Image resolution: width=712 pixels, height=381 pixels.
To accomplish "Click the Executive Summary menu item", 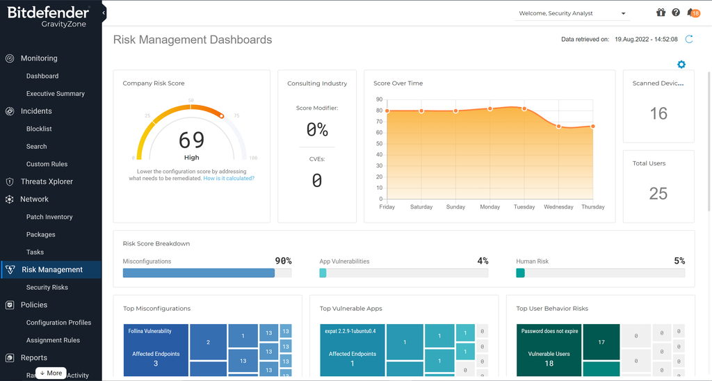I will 55,94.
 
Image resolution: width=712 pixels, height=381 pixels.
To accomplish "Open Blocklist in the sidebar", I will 39,129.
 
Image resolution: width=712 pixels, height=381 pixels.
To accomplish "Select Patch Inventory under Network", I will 49,217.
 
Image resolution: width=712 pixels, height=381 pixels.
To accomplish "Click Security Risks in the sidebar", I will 47,287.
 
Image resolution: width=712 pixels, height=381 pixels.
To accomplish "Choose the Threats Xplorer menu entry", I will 47,181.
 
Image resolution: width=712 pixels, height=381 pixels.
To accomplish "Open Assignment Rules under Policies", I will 53,340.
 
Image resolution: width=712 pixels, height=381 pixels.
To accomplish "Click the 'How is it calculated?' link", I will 229,179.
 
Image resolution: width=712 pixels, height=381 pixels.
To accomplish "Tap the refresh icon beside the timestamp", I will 689,40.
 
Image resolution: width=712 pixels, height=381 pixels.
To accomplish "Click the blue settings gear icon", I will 681,65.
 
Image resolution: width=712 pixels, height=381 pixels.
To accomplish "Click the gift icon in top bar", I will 661,13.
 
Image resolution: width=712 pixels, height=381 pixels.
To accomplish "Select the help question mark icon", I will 676,13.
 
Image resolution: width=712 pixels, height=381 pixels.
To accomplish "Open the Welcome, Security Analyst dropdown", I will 572,13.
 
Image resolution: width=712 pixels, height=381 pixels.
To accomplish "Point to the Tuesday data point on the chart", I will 524,108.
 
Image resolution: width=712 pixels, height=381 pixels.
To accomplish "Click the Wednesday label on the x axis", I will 558,207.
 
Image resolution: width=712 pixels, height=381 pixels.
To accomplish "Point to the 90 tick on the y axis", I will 379,99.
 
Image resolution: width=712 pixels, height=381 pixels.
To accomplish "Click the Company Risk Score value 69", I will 191,140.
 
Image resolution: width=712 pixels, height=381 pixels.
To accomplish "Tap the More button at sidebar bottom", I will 51,373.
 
